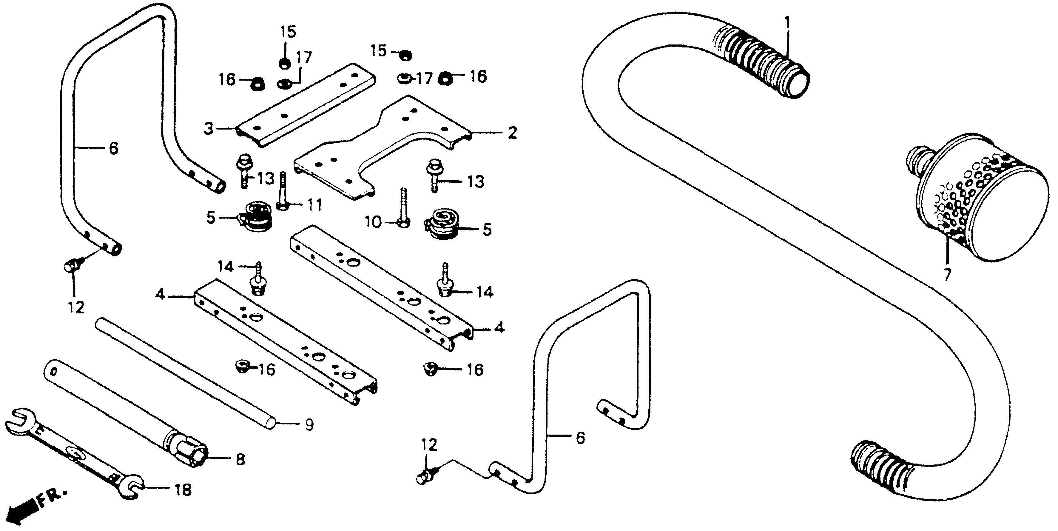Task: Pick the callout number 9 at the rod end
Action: (x=309, y=424)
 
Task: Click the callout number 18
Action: (x=183, y=490)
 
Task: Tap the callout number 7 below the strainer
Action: (x=947, y=275)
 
